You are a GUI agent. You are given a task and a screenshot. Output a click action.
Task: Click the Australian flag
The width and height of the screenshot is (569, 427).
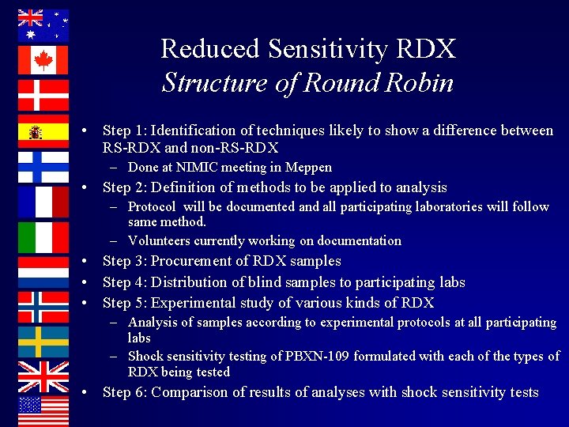43,25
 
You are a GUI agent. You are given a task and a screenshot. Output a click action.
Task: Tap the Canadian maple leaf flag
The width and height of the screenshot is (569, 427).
43,60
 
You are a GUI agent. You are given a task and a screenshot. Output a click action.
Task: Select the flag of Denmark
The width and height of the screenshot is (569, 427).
43,95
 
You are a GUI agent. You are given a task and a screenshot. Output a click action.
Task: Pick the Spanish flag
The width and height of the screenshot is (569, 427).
43,131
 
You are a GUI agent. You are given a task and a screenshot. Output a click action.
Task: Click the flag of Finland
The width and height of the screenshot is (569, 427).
43,167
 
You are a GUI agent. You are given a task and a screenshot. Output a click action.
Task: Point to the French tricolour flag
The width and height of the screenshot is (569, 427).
43,202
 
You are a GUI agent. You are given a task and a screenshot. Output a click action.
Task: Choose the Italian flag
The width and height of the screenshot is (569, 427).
43,237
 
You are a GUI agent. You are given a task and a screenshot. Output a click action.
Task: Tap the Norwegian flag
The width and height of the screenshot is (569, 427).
43,307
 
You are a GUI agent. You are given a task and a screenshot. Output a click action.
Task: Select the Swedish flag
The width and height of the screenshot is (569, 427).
43,342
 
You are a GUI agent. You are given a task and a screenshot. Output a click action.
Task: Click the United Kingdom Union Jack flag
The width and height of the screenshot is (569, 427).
43,376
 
